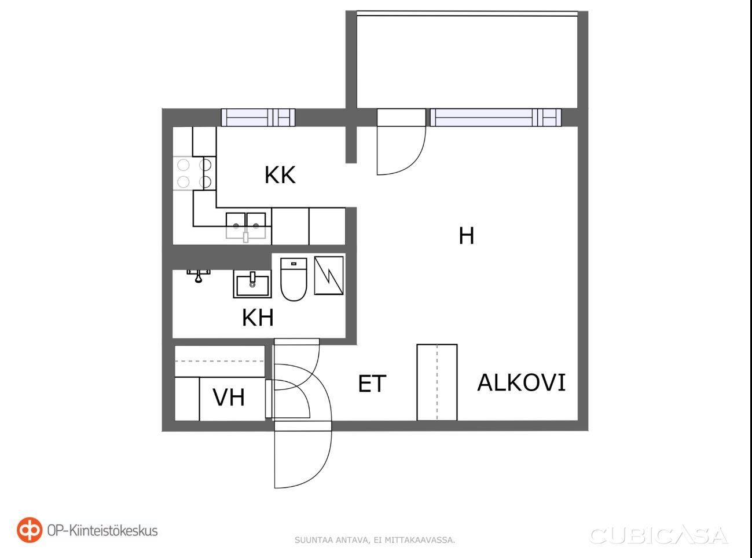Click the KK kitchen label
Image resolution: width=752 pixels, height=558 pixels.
coord(280,175)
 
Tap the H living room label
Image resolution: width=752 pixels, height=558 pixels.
coord(466,236)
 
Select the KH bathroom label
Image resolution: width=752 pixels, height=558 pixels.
coord(258,318)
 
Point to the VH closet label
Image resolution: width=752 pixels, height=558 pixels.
coord(229,397)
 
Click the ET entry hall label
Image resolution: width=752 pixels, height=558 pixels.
coord(372,384)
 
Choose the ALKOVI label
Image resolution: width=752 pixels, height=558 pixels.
coord(522,382)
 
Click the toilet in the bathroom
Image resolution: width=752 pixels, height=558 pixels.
coord(294,279)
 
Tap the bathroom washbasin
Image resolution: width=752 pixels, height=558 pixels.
coord(252,284)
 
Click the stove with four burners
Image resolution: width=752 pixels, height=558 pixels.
coord(195,173)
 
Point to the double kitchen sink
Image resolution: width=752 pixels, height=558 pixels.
coord(246,226)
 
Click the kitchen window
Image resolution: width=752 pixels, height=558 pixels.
coord(258,118)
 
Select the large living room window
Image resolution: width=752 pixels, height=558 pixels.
coord(496,118)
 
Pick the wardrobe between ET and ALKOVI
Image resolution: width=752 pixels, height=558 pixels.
coord(437,382)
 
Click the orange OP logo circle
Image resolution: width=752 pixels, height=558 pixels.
coord(30,530)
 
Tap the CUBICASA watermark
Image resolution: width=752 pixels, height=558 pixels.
coord(659,536)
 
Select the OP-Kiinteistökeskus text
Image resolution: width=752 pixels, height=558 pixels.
coord(102,531)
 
